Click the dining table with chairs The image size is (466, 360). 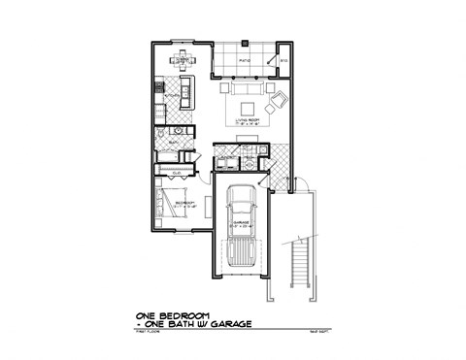click(182, 61)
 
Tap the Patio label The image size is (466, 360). click(245, 60)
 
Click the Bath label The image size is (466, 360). click(173, 142)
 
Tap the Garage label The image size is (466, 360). click(240, 222)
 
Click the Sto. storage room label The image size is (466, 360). click(284, 60)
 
